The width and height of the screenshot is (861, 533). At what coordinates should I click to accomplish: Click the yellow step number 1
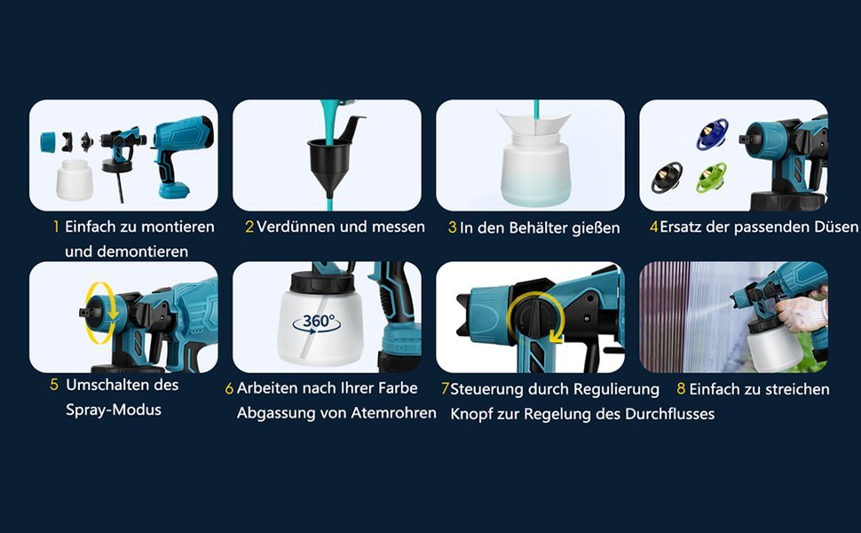55,227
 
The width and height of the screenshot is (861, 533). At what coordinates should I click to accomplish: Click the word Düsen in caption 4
837,227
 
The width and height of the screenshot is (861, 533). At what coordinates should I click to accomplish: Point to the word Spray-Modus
113,410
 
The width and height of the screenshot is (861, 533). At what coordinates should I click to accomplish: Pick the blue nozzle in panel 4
712,134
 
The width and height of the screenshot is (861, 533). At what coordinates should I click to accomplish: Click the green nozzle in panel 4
712,177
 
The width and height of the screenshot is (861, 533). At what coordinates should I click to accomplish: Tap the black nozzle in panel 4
667,177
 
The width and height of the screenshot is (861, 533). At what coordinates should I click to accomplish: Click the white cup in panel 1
75,179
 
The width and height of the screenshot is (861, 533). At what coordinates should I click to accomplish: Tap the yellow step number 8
681,389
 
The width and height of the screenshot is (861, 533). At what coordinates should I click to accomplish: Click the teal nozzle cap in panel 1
48,142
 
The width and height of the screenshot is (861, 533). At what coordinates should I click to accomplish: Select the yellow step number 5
54,385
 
